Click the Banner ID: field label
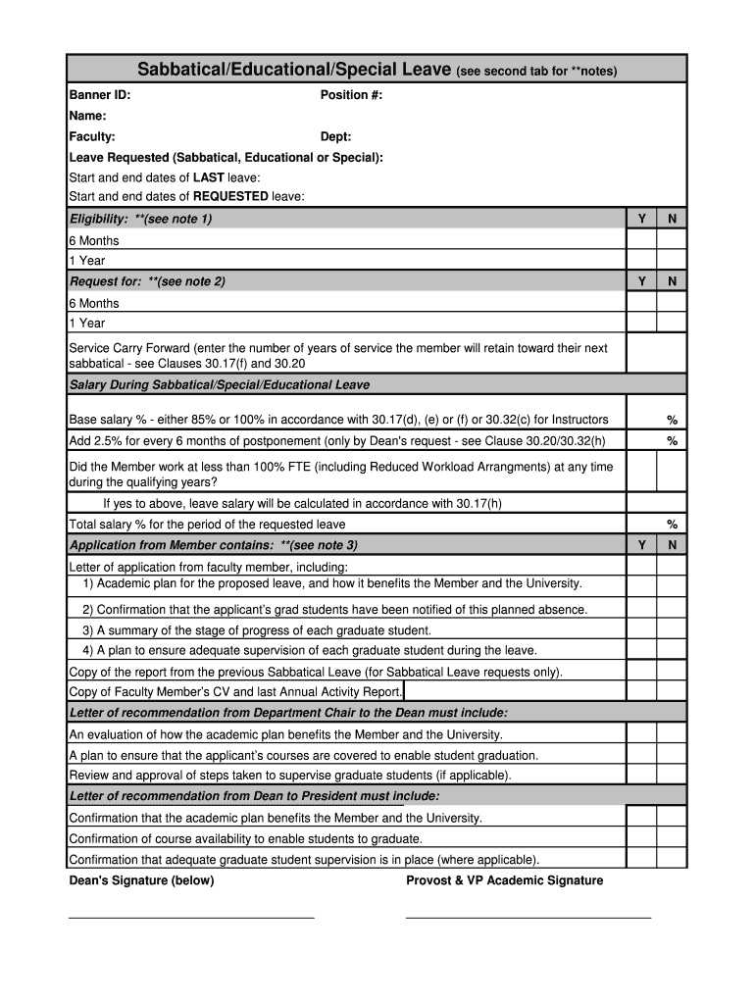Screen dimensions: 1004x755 click(99, 95)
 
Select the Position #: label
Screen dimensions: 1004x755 click(351, 95)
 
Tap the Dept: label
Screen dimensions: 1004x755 click(335, 137)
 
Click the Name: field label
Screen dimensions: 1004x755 click(87, 116)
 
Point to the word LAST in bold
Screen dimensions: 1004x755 click(208, 177)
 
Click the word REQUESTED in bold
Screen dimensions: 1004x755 click(230, 196)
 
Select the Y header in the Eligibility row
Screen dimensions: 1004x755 click(641, 219)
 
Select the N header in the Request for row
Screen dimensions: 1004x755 click(672, 281)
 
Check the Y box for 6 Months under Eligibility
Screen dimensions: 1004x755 click(641, 240)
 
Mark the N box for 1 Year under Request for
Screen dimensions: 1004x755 click(672, 323)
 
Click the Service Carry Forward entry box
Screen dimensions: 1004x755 click(656, 354)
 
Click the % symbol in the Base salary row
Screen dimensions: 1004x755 click(672, 420)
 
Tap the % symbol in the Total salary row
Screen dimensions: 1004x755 click(672, 524)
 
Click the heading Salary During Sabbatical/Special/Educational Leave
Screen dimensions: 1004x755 click(220, 385)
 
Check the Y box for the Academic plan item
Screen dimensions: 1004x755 click(641, 583)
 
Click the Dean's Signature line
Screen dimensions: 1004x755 click(191, 916)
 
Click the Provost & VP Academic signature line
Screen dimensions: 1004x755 click(528, 916)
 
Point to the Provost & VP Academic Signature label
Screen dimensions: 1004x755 click(504, 880)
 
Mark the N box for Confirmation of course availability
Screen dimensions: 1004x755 click(672, 838)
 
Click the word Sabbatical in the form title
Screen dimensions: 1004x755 click(180, 70)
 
